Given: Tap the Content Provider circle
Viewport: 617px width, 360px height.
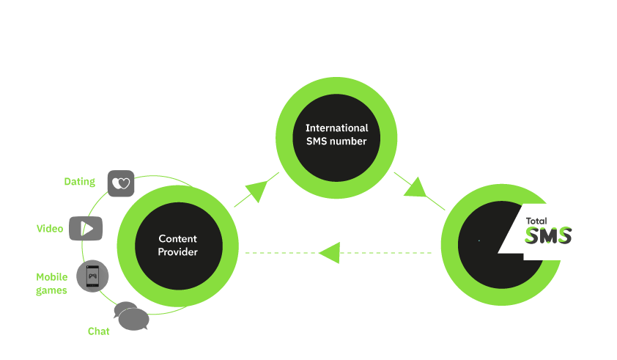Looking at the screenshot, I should click(x=178, y=245).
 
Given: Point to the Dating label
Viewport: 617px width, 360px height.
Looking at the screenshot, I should click(x=79, y=182).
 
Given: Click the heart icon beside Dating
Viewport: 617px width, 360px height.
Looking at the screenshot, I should click(x=121, y=183).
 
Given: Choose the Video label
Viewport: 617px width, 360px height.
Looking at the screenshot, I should click(x=50, y=229).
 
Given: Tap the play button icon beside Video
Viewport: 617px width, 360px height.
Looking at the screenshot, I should click(x=86, y=228).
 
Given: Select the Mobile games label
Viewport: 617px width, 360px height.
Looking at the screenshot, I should click(x=52, y=284).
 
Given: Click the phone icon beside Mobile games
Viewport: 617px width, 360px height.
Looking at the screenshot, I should click(x=92, y=276).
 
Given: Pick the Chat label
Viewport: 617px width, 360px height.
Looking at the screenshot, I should click(x=98, y=331).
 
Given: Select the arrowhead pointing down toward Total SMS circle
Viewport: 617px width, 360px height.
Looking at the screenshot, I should click(x=415, y=188).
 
